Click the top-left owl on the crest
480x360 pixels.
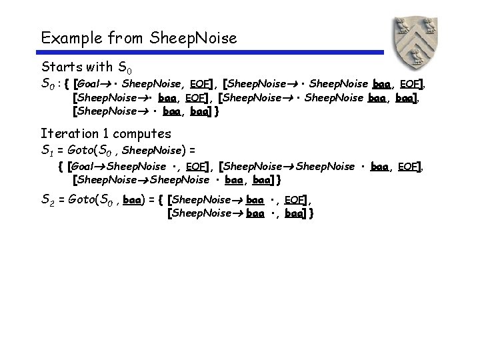click(402, 26)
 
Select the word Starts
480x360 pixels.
click(59, 67)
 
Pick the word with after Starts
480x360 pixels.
click(97, 67)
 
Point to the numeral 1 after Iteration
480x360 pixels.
click(109, 133)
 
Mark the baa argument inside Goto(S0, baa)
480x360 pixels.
click(133, 199)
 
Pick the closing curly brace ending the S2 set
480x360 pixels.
click(311, 214)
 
